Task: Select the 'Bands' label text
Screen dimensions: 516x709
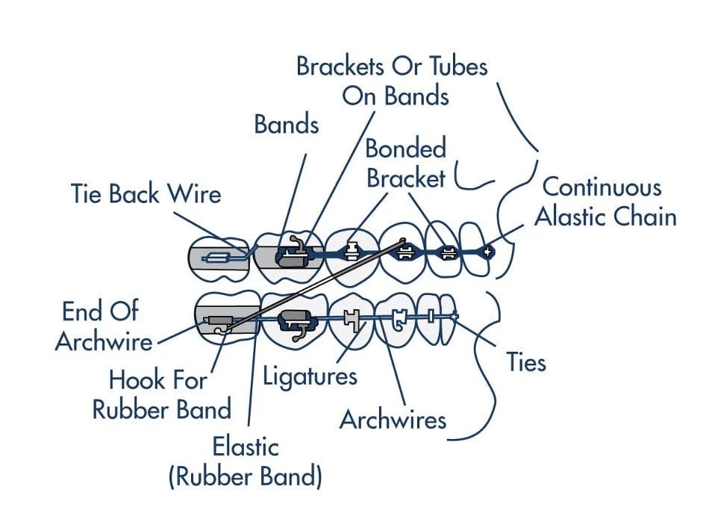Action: coord(287,124)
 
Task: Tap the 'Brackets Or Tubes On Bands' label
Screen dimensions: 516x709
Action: coord(393,81)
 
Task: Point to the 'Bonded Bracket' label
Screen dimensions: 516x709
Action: coord(405,163)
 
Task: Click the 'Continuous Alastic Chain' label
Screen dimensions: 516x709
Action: coord(605,202)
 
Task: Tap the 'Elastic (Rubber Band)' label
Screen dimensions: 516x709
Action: coord(246,461)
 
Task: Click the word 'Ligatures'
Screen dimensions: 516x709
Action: coord(310,375)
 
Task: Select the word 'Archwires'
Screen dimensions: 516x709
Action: coord(393,420)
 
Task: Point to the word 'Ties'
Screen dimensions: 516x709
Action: coord(526,362)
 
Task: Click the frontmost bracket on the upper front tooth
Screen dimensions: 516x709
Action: coord(487,252)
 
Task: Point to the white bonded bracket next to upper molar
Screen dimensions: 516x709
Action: coord(351,252)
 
